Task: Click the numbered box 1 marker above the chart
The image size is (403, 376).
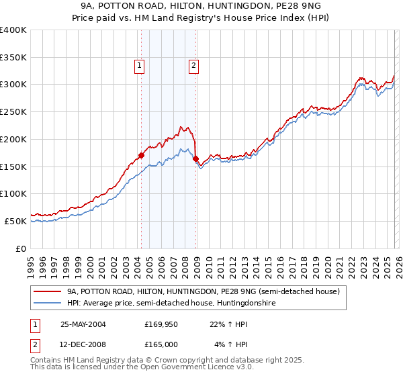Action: tap(139, 65)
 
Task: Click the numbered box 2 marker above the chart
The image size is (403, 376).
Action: tap(193, 65)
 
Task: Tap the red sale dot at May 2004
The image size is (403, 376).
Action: tap(142, 155)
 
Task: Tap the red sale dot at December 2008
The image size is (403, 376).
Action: tap(196, 158)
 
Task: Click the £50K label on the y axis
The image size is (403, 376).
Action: tap(15, 221)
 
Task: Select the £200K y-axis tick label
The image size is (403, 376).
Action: tap(13, 139)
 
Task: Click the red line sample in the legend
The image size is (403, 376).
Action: tap(48, 292)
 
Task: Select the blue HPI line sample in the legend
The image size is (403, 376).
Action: tap(48, 303)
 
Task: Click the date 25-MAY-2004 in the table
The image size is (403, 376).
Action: tap(83, 324)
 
